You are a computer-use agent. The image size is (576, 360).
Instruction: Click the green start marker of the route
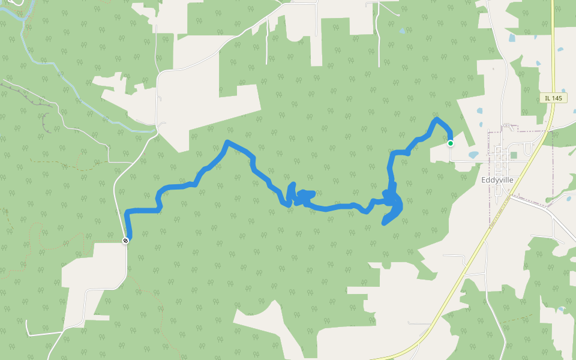450,143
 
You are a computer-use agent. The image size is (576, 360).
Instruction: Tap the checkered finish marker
125,241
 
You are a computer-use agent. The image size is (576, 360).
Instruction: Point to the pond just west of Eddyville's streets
473,155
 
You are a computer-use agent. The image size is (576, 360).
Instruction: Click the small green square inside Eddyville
514,155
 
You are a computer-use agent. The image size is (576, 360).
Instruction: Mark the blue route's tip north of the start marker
436,119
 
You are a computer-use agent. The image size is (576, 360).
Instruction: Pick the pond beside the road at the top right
511,37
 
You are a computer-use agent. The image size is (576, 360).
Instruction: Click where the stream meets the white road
154,130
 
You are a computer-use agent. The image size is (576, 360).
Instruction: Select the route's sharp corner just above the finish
127,212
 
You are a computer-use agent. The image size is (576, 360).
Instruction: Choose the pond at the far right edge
560,49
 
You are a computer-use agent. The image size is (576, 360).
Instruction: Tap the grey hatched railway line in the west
24,93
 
